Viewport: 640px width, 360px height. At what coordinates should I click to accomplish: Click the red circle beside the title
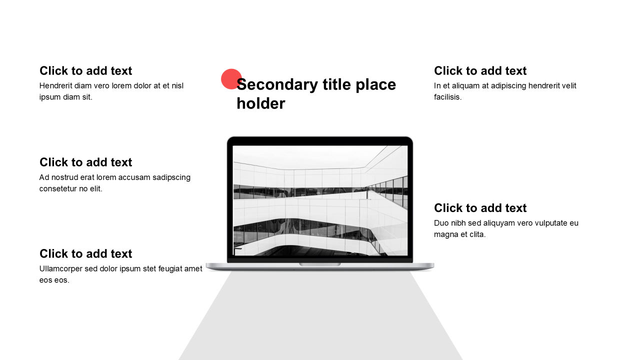(x=231, y=79)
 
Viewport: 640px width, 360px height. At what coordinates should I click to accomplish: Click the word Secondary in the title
(x=277, y=85)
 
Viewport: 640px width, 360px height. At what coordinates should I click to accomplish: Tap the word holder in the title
(x=261, y=103)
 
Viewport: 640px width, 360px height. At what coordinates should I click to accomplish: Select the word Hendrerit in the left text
(x=55, y=85)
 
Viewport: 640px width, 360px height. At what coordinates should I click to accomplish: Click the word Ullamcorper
(x=61, y=269)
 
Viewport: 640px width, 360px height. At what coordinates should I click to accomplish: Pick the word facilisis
(x=447, y=97)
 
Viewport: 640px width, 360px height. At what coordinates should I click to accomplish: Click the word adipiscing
(x=508, y=86)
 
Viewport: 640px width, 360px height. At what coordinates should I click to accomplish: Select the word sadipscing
(x=171, y=177)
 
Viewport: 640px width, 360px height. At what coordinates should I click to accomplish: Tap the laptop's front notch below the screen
(x=319, y=264)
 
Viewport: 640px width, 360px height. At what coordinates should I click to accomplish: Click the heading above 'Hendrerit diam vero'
(x=85, y=70)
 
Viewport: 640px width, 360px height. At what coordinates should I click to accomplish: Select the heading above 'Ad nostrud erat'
(x=85, y=162)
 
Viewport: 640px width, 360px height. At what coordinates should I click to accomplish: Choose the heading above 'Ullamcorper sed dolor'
(x=85, y=253)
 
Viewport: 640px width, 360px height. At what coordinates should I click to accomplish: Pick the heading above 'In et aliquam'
(x=480, y=70)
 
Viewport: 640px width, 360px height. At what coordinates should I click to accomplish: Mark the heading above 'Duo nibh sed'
(x=480, y=207)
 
